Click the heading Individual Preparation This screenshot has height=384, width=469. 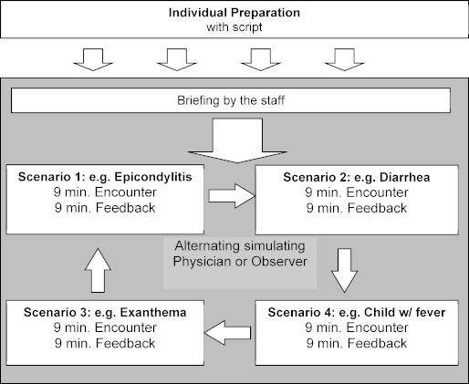pos(234,13)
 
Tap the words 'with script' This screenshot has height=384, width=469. pos(234,27)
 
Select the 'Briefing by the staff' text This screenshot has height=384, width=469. pos(231,100)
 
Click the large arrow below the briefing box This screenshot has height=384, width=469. pos(237,140)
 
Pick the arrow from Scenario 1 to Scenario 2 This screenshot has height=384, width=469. pos(232,196)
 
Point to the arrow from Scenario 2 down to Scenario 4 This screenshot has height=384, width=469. pos(344,271)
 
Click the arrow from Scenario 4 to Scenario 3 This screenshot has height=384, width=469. pos(227,333)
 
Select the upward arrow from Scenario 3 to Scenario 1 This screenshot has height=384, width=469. pos(98,271)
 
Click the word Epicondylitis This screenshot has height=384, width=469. pos(153,177)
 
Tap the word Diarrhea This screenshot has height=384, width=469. pos(405,177)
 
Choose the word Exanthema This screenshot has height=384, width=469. pos(153,312)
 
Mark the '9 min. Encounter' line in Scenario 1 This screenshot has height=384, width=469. pos(105,192)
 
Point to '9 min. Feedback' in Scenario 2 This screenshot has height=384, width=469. pos(357,208)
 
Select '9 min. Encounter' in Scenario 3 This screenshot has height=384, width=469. pos(105,327)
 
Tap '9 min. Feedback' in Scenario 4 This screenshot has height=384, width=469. pos(357,343)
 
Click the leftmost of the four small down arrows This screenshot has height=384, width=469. pos(93,59)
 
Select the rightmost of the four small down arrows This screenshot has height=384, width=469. pos(344,59)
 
